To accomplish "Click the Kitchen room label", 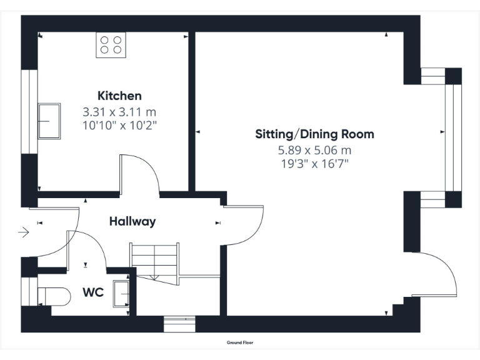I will pyautogui.click(x=119, y=96).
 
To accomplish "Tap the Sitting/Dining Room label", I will pyautogui.click(x=314, y=134).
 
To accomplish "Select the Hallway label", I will pyautogui.click(x=132, y=221).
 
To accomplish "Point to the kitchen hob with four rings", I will pyautogui.click(x=111, y=45).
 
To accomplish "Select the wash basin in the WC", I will pyautogui.click(x=121, y=294).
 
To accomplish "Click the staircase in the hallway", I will pyautogui.click(x=154, y=261).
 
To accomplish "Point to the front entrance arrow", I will pyautogui.click(x=24, y=233).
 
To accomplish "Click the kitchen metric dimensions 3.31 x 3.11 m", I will pyautogui.click(x=119, y=112).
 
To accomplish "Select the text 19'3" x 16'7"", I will pyautogui.click(x=314, y=164).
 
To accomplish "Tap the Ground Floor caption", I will pyautogui.click(x=240, y=342).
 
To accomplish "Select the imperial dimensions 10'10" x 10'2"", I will pyautogui.click(x=119, y=125).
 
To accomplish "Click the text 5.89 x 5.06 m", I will pyautogui.click(x=314, y=150).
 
